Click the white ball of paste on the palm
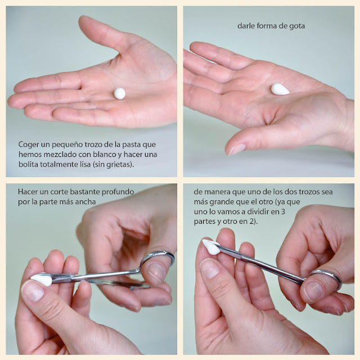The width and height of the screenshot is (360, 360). click(120, 93)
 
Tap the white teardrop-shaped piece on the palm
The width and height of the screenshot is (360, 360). click(280, 89)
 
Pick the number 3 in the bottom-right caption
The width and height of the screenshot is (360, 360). click(283, 211)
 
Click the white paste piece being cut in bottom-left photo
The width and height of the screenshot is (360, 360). click(41, 280)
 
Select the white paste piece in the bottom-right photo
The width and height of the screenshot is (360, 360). click(211, 246)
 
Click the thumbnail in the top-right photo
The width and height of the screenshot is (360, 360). click(236, 149)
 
